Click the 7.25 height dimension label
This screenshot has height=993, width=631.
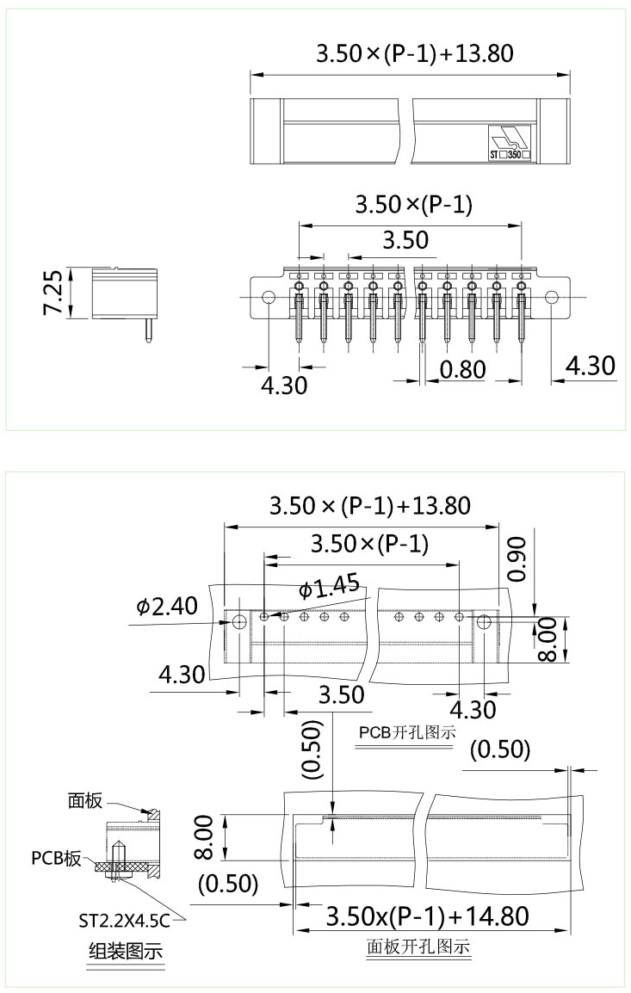[x=53, y=293]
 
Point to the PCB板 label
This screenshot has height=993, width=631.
[x=57, y=858]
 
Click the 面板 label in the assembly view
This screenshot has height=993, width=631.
[x=85, y=801]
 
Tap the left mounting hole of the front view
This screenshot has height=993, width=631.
[x=268, y=298]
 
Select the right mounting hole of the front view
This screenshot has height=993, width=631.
[x=552, y=298]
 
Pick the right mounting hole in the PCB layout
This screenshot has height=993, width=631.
[x=484, y=621]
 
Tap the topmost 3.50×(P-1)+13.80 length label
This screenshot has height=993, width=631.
[x=415, y=53]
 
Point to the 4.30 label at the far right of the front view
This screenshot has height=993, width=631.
[x=591, y=366]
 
